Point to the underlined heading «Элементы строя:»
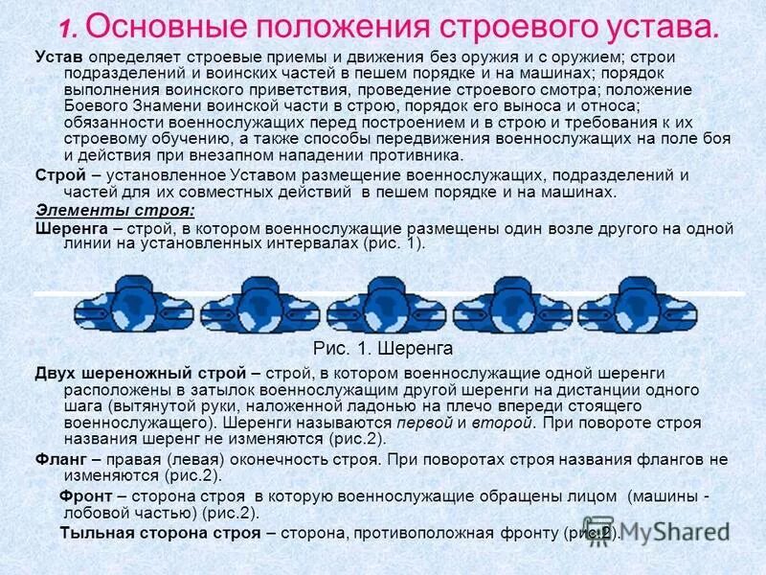[114, 211]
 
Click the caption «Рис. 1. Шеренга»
[383, 348]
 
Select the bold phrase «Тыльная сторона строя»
[160, 533]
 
